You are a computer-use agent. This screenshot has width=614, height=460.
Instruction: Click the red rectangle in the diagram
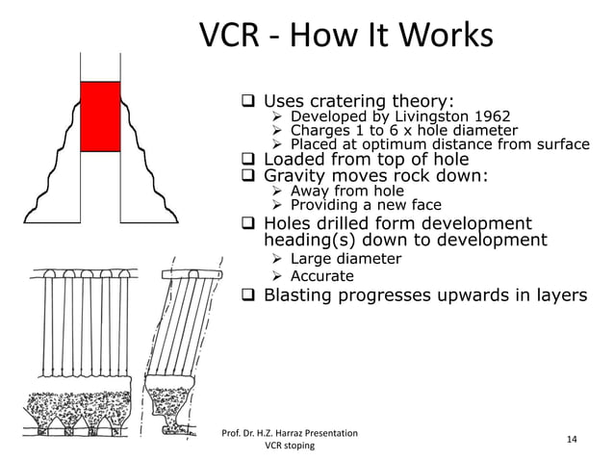click(100, 116)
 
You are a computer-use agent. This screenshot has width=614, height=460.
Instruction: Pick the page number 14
click(572, 440)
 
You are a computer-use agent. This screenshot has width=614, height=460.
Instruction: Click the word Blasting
click(303, 294)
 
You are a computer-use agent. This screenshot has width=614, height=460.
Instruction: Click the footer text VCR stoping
click(291, 447)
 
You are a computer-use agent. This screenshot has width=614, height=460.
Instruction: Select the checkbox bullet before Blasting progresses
click(247, 294)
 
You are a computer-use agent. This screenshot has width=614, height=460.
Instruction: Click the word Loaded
click(294, 159)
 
